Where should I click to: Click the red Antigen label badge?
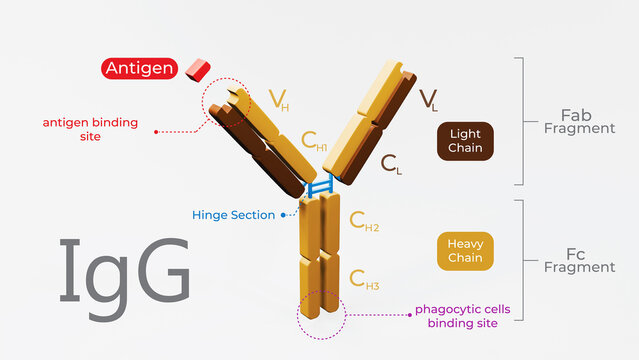[139, 69]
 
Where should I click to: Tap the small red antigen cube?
[199, 68]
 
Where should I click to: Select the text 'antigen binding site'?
[90, 130]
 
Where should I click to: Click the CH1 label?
[315, 142]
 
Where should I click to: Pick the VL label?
[428, 99]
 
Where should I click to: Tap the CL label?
[391, 165]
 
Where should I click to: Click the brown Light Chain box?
[466, 141]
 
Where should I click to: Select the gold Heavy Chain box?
[466, 251]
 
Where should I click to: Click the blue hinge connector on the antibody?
[319, 185]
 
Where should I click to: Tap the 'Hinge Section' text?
[234, 215]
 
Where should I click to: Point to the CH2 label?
[364, 221]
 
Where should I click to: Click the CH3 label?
[364, 279]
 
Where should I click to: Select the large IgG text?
[124, 271]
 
